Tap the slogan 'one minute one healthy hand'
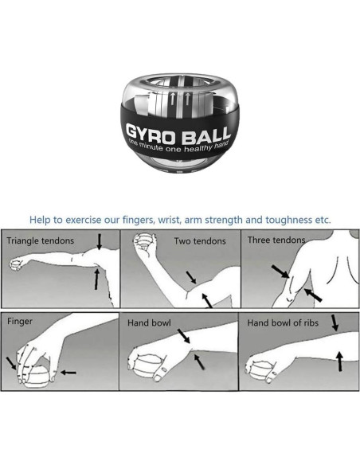coord(178,147)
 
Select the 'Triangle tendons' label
coord(41,240)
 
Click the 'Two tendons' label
coord(200,241)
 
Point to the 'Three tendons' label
coord(276,240)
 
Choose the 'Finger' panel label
coord(20,322)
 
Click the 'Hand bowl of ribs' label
coord(283,322)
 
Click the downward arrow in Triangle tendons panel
coord(100,242)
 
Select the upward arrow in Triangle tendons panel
coord(96,279)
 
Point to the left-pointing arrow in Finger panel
coord(68,373)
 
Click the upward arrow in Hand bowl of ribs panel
coord(340,361)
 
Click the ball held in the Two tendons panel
coord(144,241)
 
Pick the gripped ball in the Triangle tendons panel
coord(16,264)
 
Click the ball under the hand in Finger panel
coord(36,377)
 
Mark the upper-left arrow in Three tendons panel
coord(280,272)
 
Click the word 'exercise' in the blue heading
coord(83,220)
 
